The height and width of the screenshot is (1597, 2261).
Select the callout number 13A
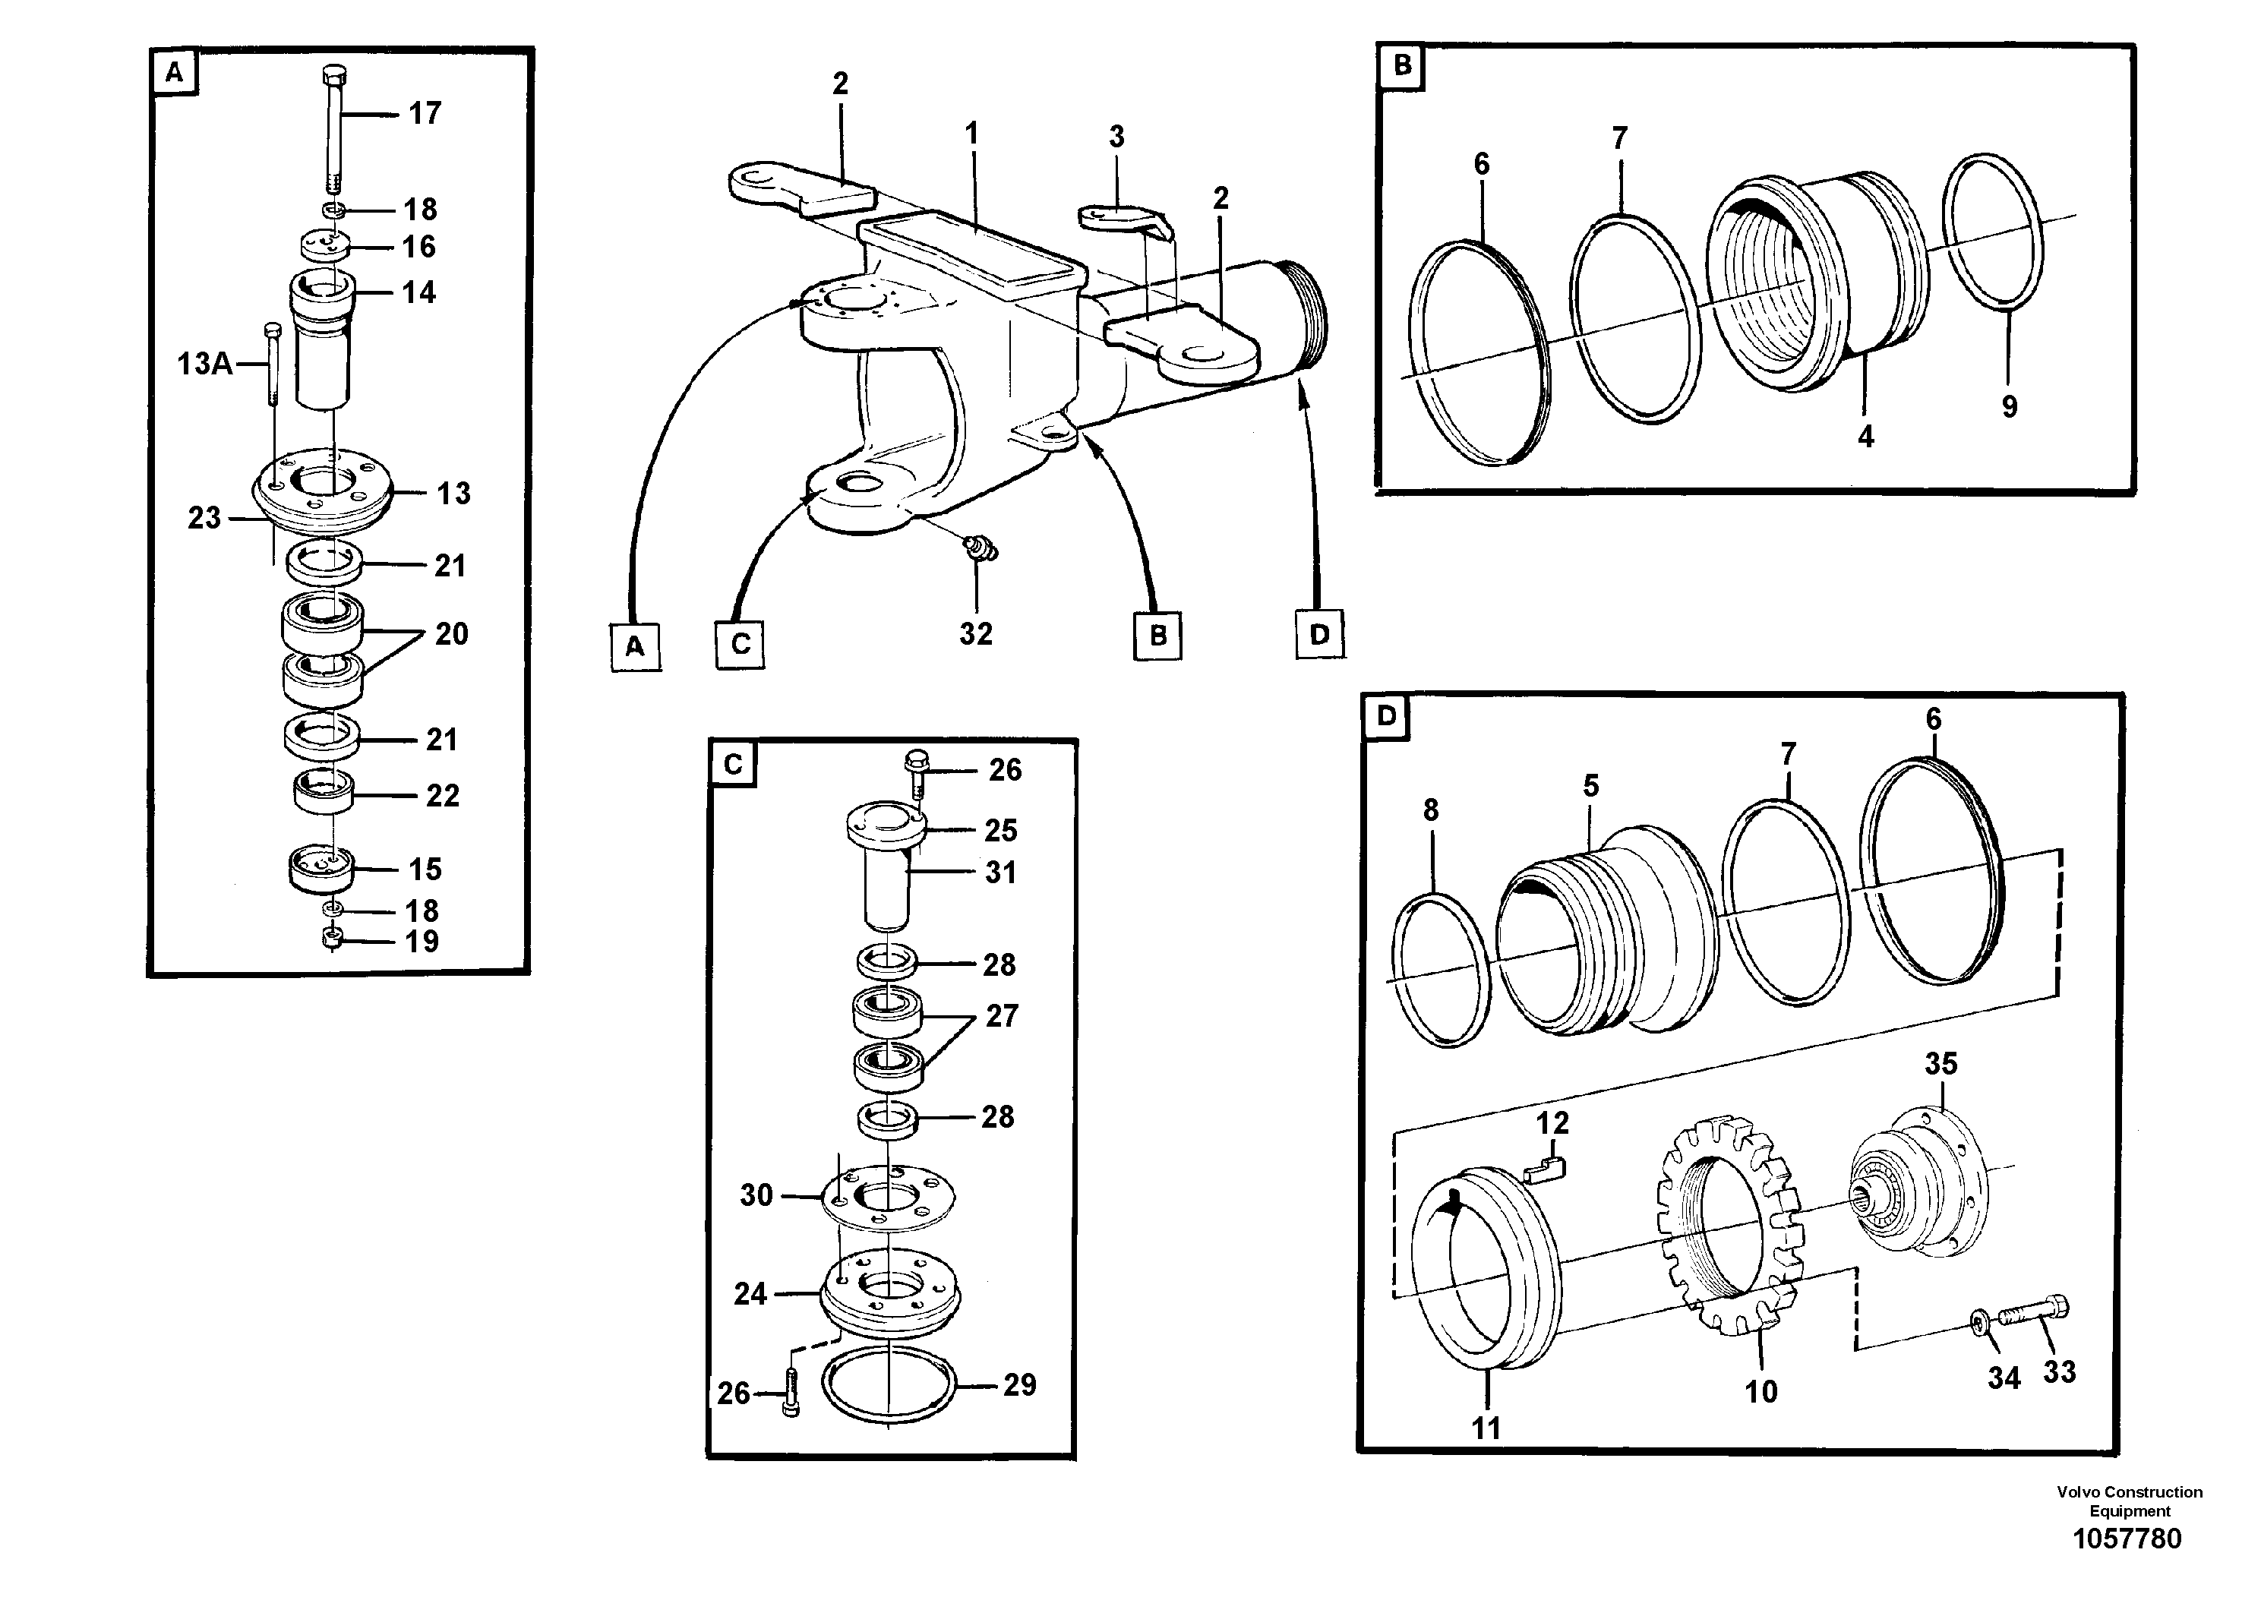(204, 365)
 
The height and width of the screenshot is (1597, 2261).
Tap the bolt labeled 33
(2035, 1311)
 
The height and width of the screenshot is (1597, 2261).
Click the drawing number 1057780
(2127, 1539)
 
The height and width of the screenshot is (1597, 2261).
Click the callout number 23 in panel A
(204, 518)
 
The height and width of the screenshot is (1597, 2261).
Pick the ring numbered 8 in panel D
(1441, 970)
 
